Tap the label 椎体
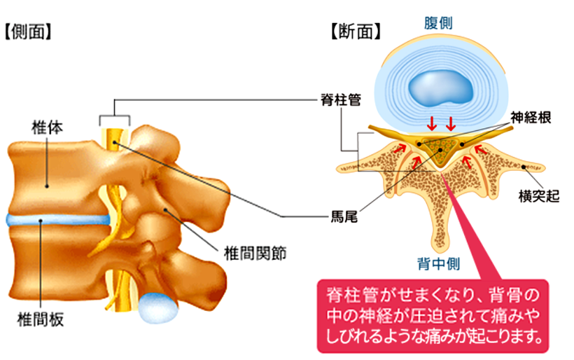[43, 128]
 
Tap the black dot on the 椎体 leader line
[46, 186]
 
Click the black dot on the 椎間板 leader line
[42, 221]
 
